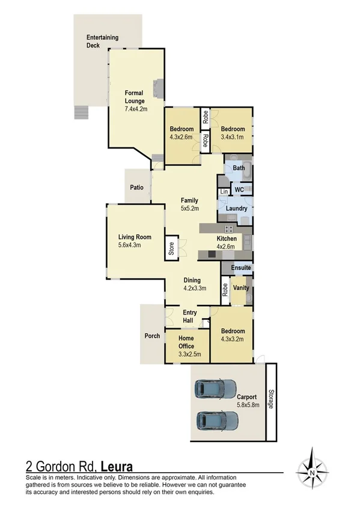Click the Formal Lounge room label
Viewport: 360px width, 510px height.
pyautogui.click(x=135, y=97)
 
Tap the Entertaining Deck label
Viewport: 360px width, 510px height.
pyautogui.click(x=102, y=41)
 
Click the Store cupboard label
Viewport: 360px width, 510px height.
pyautogui.click(x=171, y=249)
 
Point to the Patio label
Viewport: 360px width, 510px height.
pyautogui.click(x=136, y=188)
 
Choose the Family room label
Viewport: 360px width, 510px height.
pyautogui.click(x=190, y=200)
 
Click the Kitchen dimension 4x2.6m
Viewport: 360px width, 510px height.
pyautogui.click(x=227, y=247)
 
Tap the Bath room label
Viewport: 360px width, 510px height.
pyautogui.click(x=239, y=168)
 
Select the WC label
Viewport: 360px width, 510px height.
pyautogui.click(x=239, y=190)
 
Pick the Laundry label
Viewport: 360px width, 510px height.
pyautogui.click(x=237, y=209)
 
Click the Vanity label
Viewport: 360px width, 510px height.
pyautogui.click(x=241, y=288)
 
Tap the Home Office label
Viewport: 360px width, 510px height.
pyautogui.click(x=188, y=342)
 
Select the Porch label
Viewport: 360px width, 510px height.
pyautogui.click(x=152, y=336)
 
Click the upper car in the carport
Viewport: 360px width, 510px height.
pyautogui.click(x=214, y=389)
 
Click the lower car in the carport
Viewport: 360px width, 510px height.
pyautogui.click(x=214, y=420)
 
